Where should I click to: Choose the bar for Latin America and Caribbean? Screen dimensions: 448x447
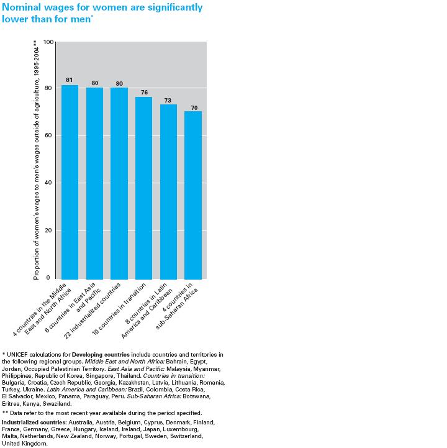[168, 192]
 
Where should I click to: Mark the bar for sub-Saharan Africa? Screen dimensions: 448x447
[193, 195]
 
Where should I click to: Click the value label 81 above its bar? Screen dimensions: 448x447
[70, 80]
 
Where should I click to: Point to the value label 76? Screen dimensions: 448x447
[143, 92]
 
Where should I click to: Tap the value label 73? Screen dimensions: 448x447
[168, 99]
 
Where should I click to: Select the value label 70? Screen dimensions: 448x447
[193, 106]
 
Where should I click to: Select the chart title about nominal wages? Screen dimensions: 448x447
[102, 12]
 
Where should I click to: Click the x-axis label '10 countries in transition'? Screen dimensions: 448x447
[124, 309]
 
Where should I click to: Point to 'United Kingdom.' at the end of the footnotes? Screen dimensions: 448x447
[25, 444]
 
